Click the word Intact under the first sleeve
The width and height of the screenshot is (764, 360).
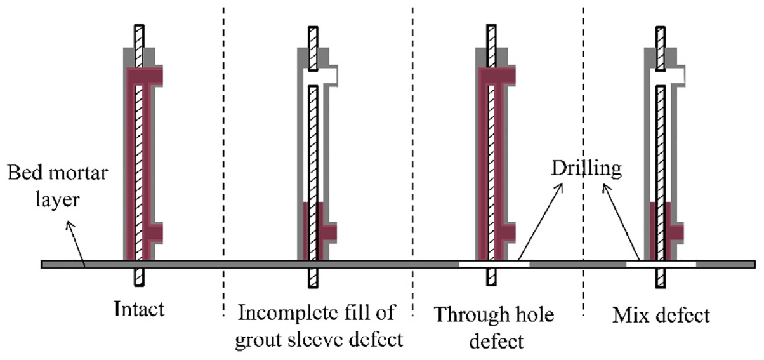(139, 309)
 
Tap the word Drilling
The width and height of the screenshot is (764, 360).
(586, 169)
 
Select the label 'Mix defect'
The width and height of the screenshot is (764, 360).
(661, 315)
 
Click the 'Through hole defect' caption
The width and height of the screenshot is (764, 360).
(494, 328)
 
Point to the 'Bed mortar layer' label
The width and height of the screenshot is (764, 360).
(58, 185)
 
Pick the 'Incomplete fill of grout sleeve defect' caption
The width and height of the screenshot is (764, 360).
(319, 326)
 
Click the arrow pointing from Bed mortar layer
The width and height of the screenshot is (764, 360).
(76, 244)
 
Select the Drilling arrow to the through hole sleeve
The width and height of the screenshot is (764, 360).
(540, 222)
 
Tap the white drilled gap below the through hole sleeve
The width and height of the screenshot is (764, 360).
(494, 264)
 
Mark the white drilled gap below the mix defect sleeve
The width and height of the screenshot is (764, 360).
(661, 264)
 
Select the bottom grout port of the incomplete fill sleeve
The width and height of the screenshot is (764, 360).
(329, 233)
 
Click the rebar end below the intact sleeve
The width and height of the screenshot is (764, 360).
(139, 277)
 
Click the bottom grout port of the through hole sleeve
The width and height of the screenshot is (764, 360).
(507, 233)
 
